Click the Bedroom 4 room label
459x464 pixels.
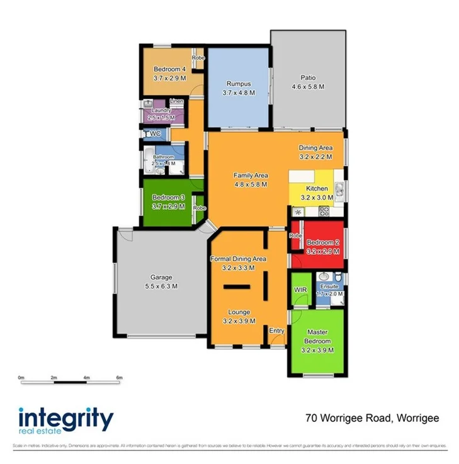point(169,69)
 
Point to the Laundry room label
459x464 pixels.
point(161,111)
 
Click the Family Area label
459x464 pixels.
point(251,176)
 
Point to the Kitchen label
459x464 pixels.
point(316,188)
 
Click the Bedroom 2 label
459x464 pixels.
point(323,242)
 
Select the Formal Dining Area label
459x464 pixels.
point(237,259)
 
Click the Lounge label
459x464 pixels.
point(239,312)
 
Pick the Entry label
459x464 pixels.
point(276,331)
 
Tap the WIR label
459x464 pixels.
point(300,290)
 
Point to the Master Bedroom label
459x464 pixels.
point(318,337)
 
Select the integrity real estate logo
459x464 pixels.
point(65,421)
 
